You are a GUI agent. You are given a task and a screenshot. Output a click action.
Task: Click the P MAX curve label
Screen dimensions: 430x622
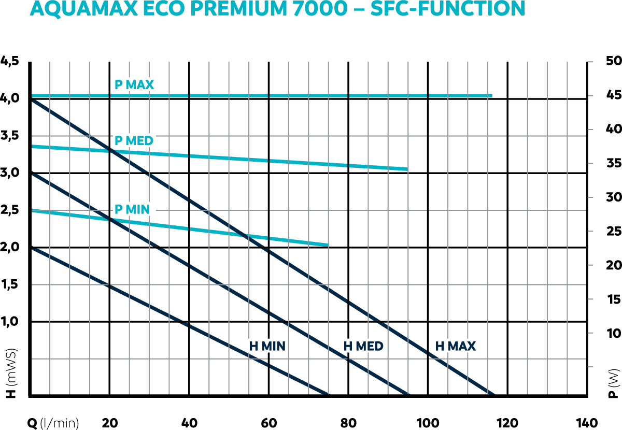pos(134,84)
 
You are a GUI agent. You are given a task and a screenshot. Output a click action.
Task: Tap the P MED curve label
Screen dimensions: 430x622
pos(134,140)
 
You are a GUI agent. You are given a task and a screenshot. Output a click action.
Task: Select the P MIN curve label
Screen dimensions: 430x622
pos(132,209)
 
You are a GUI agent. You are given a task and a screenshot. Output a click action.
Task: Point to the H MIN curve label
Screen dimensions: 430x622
pos(267,346)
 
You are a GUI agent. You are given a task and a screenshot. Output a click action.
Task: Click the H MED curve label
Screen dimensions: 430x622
pos(363,346)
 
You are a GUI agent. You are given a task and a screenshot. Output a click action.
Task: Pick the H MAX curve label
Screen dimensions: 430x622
pos(456,346)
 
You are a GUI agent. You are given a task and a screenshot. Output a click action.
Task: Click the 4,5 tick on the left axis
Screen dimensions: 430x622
pos(10,61)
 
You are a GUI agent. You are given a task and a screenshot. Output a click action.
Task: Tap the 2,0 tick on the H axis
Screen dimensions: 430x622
pos(10,247)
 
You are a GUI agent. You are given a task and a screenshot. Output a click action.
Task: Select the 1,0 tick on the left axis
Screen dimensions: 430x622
pos(10,322)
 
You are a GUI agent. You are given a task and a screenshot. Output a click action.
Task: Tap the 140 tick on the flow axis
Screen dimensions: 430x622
pos(586,422)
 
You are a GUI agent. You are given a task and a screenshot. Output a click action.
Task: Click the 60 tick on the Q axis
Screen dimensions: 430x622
pos(268,422)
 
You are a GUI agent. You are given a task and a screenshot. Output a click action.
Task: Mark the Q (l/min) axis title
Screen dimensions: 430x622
pos(53,423)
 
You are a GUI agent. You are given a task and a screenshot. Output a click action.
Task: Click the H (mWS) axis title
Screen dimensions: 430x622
pos(11,374)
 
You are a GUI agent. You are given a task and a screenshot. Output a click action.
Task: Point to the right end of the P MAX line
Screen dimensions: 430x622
pos(491,96)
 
